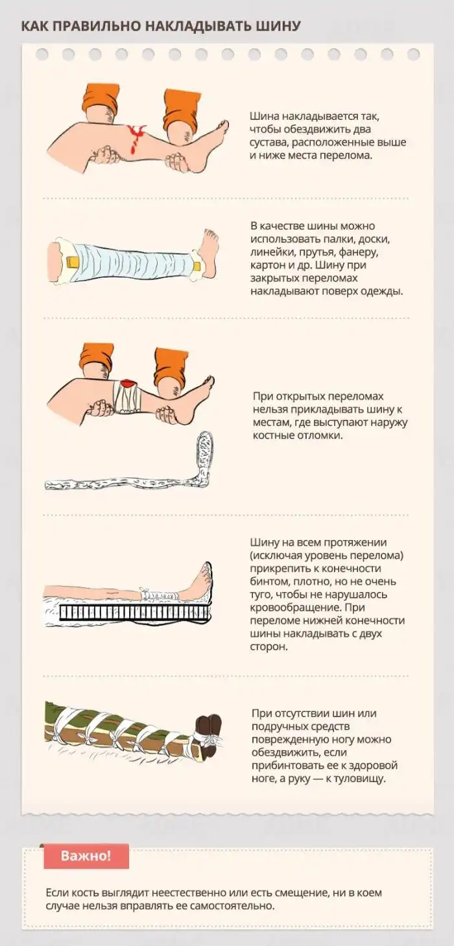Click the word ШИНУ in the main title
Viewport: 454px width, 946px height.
click(x=278, y=26)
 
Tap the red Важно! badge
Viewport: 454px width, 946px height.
click(x=86, y=856)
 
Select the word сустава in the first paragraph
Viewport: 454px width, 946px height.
click(x=268, y=143)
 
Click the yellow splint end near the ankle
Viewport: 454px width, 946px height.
click(x=197, y=266)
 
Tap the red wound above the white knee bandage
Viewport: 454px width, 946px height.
click(x=127, y=384)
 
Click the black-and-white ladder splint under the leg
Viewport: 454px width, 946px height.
click(x=135, y=612)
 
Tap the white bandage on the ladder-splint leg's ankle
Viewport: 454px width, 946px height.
click(x=158, y=595)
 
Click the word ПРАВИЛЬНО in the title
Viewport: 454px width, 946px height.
click(x=98, y=26)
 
